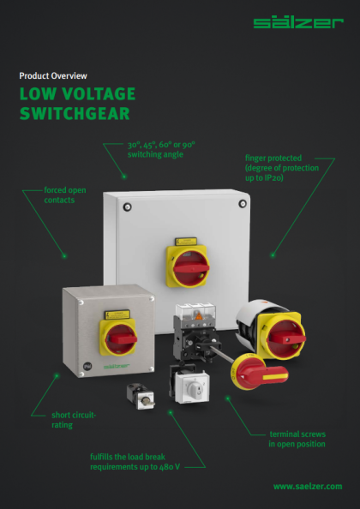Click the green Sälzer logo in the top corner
click(x=298, y=23)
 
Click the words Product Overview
click(x=53, y=76)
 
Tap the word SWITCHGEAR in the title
click(x=75, y=113)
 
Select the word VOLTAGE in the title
click(x=99, y=93)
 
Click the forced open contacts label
click(x=65, y=195)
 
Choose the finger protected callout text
click(x=282, y=168)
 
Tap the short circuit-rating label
click(x=74, y=420)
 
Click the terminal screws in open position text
click(x=297, y=439)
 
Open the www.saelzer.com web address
click(x=308, y=486)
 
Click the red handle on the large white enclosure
click(x=191, y=268)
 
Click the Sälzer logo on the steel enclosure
click(x=117, y=367)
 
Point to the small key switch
click(x=141, y=396)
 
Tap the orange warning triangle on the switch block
click(x=198, y=315)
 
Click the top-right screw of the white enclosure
click(x=243, y=204)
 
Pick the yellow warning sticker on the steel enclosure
click(x=117, y=314)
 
